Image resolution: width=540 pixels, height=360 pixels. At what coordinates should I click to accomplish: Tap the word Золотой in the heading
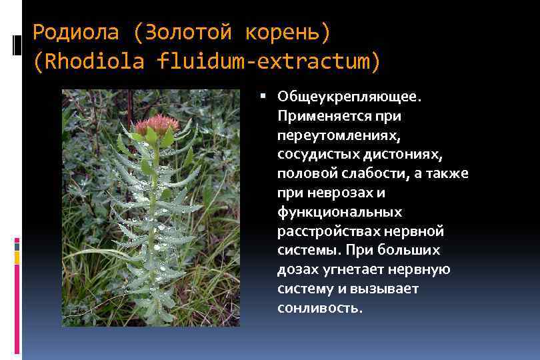183,31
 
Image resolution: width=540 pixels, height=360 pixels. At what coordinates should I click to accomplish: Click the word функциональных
340,212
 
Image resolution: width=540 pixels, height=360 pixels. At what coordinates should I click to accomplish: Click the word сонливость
320,308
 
